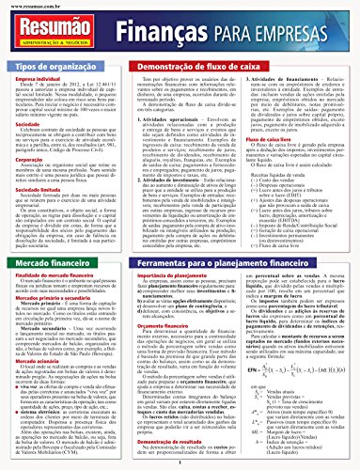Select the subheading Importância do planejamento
point(161,274)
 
